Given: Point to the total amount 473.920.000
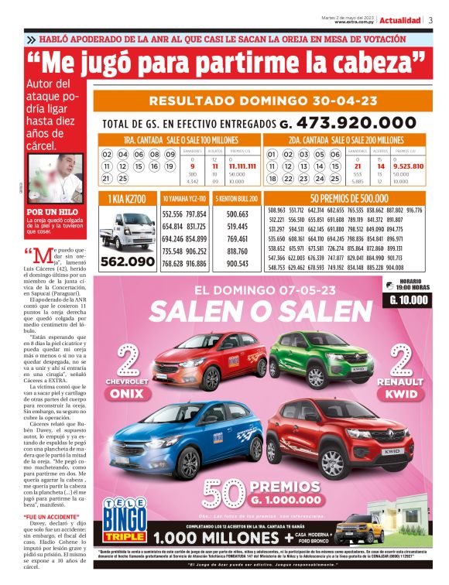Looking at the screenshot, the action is [363, 123].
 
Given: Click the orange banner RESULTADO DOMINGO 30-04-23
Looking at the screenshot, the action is [264, 101].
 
